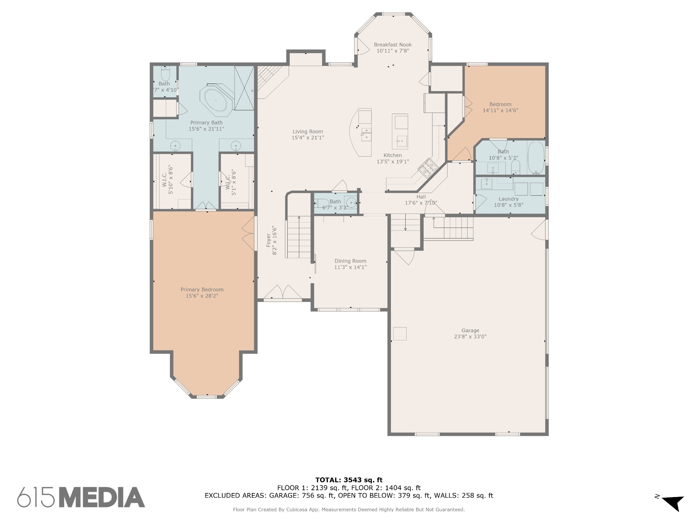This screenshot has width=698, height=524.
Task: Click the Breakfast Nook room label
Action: (393, 45)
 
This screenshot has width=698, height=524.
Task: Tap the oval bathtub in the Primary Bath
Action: (216, 100)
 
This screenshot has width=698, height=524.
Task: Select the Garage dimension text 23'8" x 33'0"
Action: (470, 336)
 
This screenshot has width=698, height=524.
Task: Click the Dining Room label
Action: (350, 261)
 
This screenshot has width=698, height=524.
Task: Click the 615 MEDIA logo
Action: (81, 497)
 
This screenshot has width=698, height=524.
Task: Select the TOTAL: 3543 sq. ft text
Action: (349, 480)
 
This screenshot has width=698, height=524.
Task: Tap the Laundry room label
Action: (509, 199)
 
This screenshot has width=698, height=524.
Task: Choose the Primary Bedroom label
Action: (202, 290)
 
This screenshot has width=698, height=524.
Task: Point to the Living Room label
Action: (308, 132)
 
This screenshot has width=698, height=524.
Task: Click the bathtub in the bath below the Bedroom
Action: (536, 158)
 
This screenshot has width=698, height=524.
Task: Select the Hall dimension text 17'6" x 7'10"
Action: (421, 203)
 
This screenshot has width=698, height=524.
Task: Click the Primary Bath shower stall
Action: (244, 88)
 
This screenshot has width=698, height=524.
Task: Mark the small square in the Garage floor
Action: (400, 334)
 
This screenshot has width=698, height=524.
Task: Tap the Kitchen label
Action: (393, 155)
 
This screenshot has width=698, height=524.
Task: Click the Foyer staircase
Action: (299, 237)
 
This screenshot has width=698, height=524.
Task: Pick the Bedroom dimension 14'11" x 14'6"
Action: (500, 111)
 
